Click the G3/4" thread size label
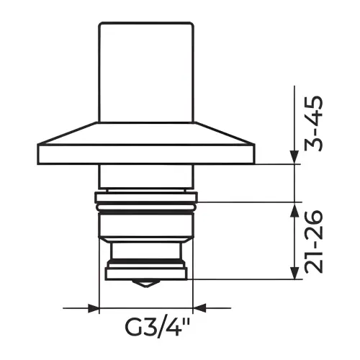(x=157, y=327)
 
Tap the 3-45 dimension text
(x=313, y=123)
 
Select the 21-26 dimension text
(x=313, y=242)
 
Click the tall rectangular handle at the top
(x=146, y=72)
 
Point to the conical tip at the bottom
(x=146, y=284)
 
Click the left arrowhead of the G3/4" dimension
(x=94, y=308)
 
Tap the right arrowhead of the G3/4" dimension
(x=199, y=308)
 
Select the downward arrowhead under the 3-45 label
(x=294, y=157)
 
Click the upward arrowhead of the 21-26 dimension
(x=294, y=210)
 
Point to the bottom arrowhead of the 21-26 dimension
(x=294, y=273)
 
